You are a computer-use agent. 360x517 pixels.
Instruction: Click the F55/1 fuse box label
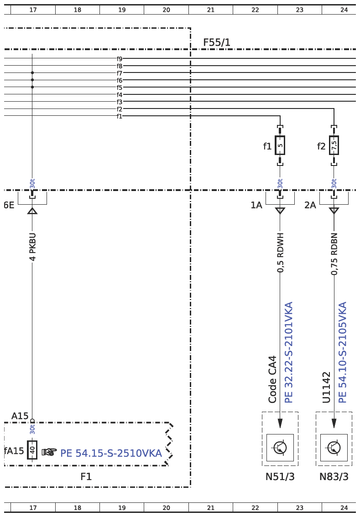(216, 42)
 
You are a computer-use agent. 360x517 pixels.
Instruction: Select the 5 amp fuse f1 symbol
(280, 145)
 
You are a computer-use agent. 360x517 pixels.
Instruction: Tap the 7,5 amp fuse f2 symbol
(334, 145)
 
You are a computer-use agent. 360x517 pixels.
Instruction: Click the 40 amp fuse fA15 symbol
(32, 450)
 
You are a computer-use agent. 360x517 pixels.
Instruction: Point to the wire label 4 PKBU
(32, 247)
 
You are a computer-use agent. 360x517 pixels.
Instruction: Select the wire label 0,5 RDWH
(280, 253)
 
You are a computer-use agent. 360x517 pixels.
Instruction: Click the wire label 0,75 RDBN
(334, 254)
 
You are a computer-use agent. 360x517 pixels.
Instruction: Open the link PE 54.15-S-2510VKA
(111, 453)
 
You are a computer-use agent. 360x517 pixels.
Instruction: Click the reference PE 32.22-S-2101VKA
(288, 352)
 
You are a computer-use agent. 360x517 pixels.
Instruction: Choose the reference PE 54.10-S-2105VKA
(343, 352)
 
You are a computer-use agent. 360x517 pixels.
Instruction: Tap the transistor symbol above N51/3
(280, 447)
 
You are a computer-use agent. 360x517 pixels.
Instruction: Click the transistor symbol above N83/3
(334, 447)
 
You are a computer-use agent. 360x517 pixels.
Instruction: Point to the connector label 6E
(9, 205)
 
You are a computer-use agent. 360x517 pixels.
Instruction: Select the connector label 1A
(256, 205)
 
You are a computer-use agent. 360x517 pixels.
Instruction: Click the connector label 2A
(310, 205)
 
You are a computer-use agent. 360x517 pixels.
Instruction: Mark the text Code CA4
(272, 379)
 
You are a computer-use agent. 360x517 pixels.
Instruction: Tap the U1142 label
(326, 388)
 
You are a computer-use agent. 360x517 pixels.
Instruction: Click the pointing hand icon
(49, 452)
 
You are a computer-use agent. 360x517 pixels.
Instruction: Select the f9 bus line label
(120, 59)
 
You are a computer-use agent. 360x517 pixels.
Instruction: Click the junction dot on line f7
(32, 72)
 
